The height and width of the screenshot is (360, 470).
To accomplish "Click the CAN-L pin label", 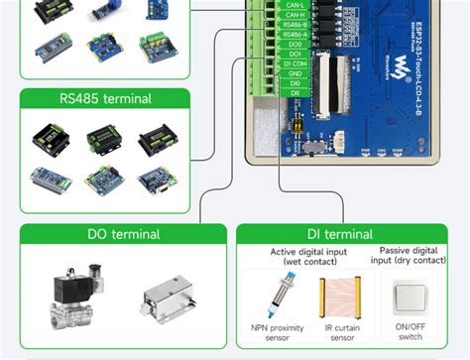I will (294, 5).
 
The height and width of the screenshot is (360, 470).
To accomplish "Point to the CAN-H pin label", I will (294, 15).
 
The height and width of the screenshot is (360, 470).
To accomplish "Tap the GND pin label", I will (295, 73).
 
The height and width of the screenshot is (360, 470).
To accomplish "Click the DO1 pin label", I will (295, 54).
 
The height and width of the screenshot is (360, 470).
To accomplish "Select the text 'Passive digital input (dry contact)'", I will (409, 256).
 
